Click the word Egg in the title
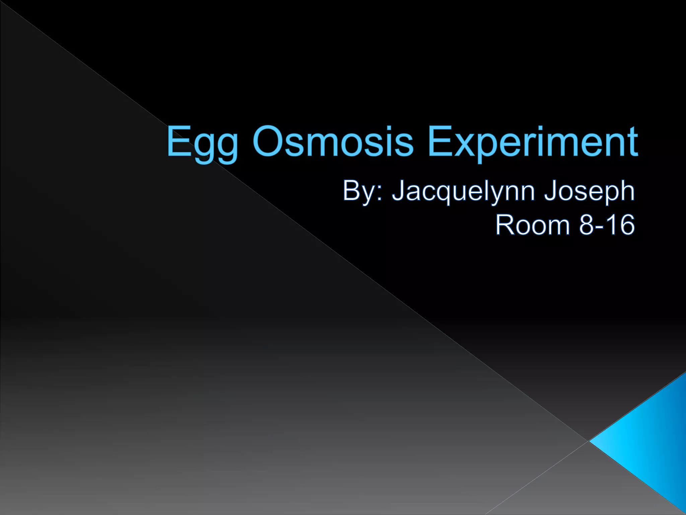[x=202, y=142]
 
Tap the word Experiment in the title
[x=533, y=142]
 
